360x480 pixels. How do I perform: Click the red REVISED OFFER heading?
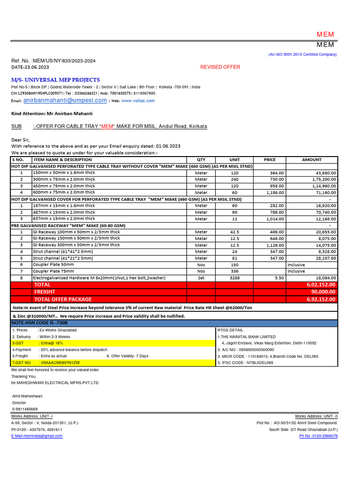tap(220, 67)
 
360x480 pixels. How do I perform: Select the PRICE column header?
tap(270, 159)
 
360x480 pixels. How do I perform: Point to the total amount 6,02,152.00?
tap(321, 285)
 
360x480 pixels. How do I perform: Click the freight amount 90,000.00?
tap(322, 292)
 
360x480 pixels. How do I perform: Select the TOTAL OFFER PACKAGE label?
tap(63, 300)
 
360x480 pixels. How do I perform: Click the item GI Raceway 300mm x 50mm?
tap(76, 245)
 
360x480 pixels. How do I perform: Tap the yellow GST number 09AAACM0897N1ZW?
tap(60, 363)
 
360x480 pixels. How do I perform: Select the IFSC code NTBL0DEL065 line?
tap(245, 363)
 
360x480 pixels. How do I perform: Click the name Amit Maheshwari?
tap(27, 396)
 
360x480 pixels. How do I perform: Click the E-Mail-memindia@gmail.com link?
tap(37, 436)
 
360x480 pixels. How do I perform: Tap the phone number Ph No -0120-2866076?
tap(318, 436)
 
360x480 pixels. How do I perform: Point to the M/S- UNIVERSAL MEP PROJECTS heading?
tap(55, 80)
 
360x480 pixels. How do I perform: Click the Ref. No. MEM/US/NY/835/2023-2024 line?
tap(53, 61)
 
